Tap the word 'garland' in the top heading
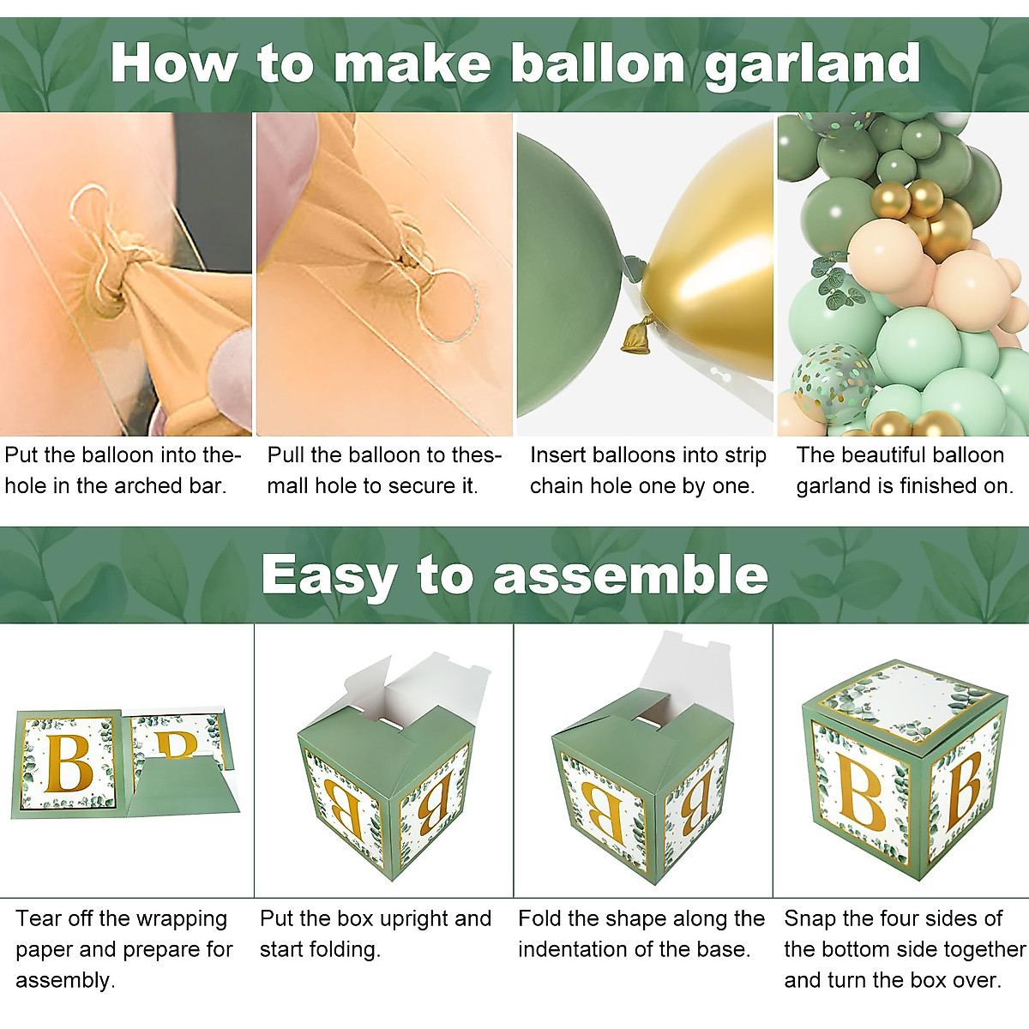tap(812, 65)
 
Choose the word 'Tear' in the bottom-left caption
tap(38, 918)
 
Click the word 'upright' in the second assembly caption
tap(412, 920)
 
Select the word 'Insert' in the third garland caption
tap(557, 455)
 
